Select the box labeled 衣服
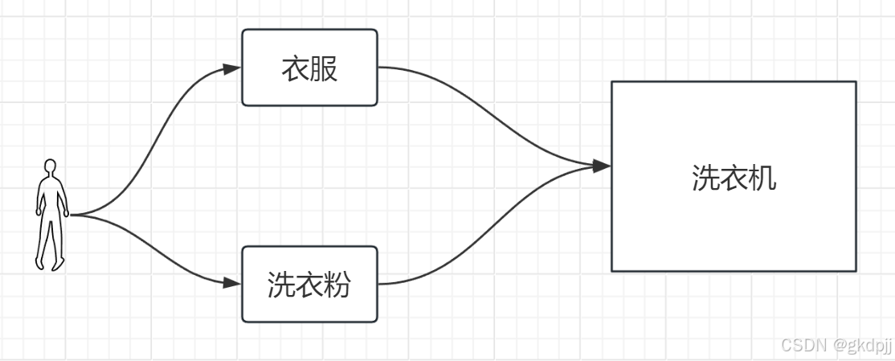(x=309, y=68)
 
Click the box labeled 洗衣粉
(x=309, y=284)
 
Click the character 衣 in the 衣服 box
(x=295, y=69)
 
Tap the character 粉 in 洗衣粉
(x=337, y=285)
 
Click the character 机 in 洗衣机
(x=762, y=178)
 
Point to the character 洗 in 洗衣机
(x=705, y=178)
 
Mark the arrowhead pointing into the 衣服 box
(x=232, y=69)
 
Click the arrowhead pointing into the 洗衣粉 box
(x=232, y=283)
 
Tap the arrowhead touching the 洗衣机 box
(x=601, y=166)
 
